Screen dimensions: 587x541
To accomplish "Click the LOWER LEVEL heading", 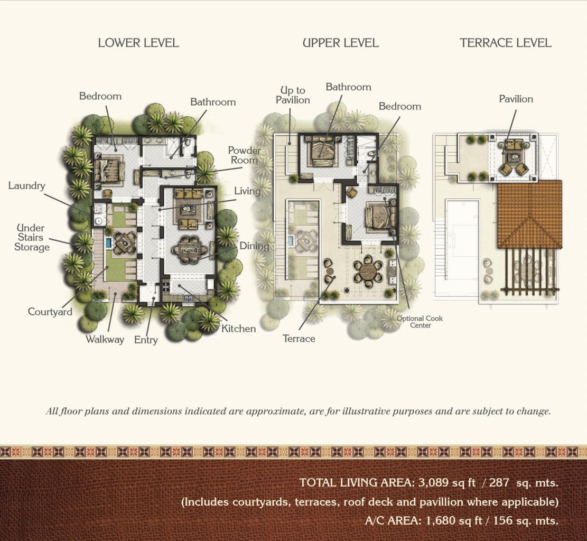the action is (138, 43).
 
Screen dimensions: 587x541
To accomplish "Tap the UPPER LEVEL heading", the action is (341, 43).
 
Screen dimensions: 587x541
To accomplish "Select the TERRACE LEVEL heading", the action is (506, 43).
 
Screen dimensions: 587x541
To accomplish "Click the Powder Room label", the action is (245, 155).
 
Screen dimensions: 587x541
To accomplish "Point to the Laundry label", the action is (26, 186).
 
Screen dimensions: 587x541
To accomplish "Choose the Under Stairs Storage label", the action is (32, 238).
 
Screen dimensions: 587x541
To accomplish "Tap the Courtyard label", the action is (50, 312).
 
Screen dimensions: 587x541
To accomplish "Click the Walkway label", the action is (105, 340).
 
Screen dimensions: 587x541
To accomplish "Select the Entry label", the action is (146, 340).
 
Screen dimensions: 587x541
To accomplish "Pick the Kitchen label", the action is (238, 329).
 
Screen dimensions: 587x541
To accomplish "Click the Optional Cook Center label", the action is (420, 322).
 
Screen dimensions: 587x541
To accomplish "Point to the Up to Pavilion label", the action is (293, 95).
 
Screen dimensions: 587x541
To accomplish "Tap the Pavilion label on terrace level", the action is (516, 99).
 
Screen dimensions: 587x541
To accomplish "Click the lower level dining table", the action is (190, 250).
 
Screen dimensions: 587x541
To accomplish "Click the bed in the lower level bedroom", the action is (109, 170).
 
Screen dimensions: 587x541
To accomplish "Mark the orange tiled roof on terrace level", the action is (530, 214).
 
